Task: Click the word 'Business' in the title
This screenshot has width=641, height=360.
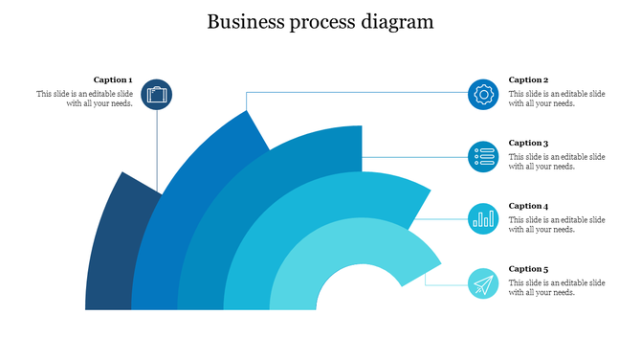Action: coord(242,21)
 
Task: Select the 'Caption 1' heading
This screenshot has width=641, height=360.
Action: coord(113,79)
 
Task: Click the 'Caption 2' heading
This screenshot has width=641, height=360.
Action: coord(528,79)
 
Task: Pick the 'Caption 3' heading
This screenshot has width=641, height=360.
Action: coord(528,143)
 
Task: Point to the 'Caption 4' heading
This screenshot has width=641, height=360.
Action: coord(528,206)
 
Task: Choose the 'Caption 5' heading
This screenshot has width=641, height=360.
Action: coord(528,269)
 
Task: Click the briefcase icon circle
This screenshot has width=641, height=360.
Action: coord(157,95)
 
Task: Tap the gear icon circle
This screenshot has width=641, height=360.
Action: coord(483,94)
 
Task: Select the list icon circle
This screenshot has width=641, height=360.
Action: coord(483,156)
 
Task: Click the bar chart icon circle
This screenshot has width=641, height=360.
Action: coord(483,218)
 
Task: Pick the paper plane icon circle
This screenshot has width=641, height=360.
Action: coord(483,283)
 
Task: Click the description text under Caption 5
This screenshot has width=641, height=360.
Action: coord(556,288)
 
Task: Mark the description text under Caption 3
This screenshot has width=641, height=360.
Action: coord(556,162)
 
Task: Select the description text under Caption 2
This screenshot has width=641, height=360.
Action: coord(556,99)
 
